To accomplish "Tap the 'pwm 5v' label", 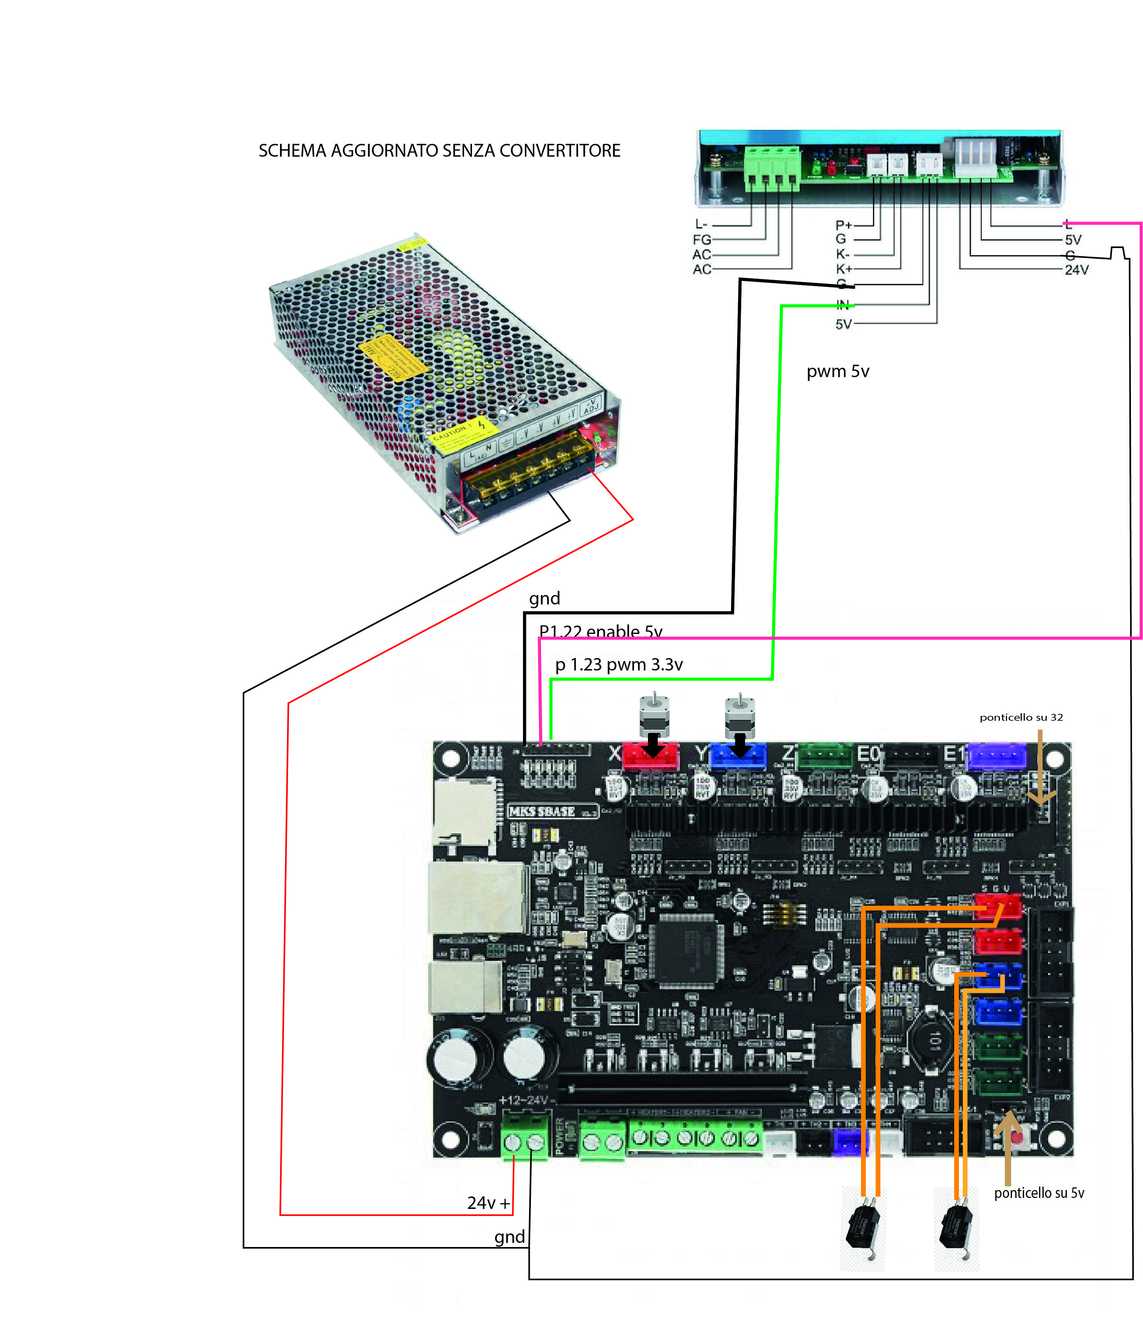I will pyautogui.click(x=838, y=371).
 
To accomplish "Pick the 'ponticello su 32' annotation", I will pyautogui.click(x=1021, y=717).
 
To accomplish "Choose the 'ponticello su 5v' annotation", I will pyautogui.click(x=1039, y=1193).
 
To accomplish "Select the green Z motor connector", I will pyautogui.click(x=825, y=756).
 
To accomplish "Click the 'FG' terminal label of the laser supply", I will pyautogui.click(x=702, y=240).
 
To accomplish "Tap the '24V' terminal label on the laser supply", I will pyautogui.click(x=1077, y=270).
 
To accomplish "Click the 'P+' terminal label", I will pyautogui.click(x=843, y=225).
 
